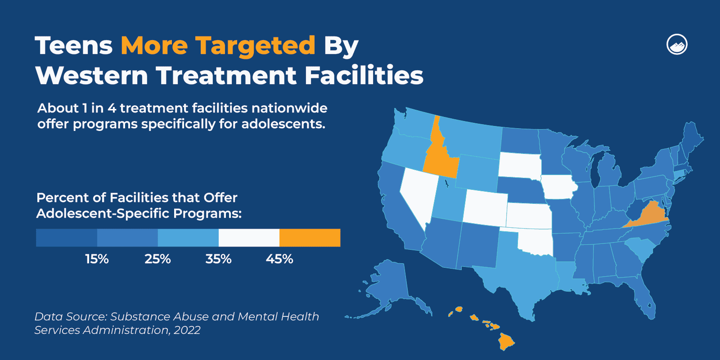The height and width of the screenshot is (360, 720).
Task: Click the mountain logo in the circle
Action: [677, 45]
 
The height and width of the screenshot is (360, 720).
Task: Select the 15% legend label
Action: [97, 259]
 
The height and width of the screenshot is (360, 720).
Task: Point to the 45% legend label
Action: [279, 259]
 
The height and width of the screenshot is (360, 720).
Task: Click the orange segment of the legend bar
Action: [310, 238]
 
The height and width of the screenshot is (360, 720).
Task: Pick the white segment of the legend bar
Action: [249, 238]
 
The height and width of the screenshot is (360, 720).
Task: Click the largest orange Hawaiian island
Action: [506, 342]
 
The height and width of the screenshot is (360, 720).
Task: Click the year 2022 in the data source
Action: [187, 330]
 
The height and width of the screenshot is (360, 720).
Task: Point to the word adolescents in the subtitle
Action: [283, 124]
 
